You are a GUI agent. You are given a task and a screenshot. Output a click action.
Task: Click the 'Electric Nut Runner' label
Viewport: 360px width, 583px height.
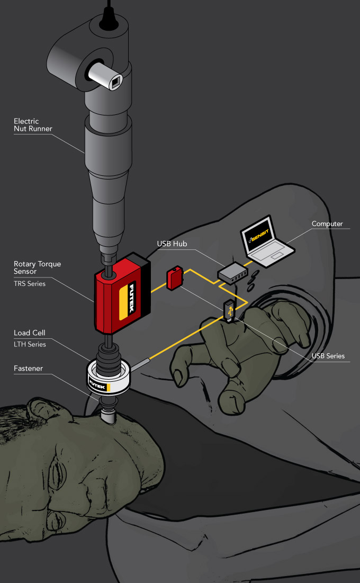pos(26,125)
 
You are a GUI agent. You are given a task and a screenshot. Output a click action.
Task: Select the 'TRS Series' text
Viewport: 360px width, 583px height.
pos(30,284)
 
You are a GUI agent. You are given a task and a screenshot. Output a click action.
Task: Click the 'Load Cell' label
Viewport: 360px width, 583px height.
pos(30,333)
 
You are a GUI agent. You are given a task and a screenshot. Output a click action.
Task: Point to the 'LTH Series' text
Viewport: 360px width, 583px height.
pos(30,345)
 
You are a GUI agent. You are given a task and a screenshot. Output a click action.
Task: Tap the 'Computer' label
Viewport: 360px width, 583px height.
pos(327,224)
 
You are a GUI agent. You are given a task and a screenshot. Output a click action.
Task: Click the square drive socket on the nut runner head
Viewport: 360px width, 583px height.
pos(116,82)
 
